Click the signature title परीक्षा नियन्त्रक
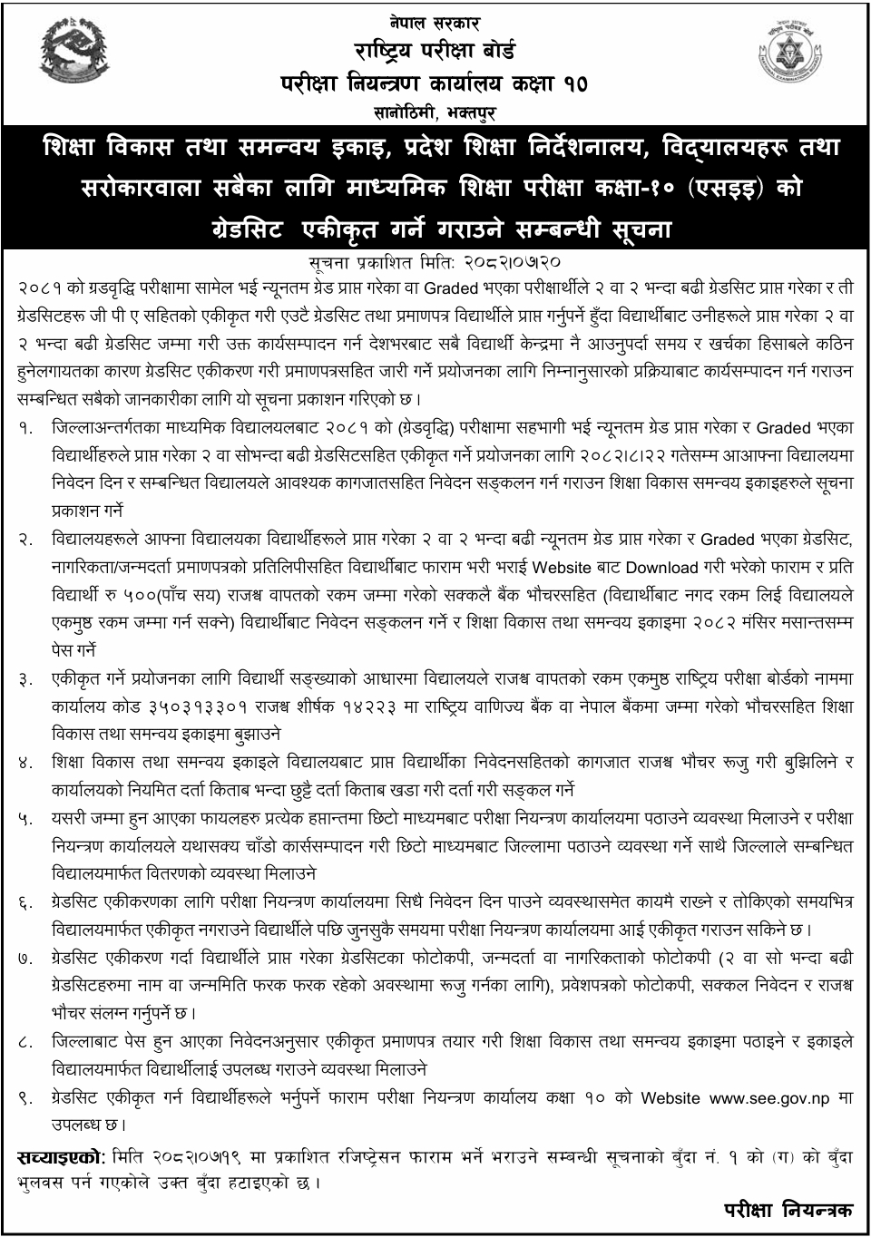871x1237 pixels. [x=788, y=1211]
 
